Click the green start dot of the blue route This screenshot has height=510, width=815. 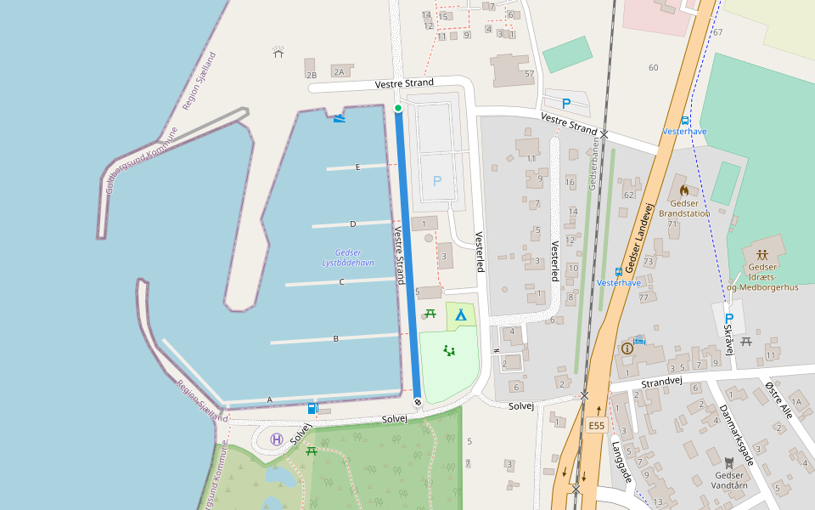[x=397, y=108]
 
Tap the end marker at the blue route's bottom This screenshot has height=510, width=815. [x=418, y=402]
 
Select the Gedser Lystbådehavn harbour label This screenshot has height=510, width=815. [x=348, y=258]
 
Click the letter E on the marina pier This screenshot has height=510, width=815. [x=357, y=167]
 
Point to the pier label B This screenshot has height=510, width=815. [x=335, y=339]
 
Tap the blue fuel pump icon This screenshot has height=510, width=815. [x=313, y=409]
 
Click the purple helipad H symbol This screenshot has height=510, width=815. [x=277, y=439]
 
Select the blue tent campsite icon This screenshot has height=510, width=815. [x=460, y=315]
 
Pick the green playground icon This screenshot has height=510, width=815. [x=449, y=349]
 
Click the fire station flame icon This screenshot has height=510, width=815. [x=683, y=190]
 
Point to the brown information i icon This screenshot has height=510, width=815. [x=627, y=348]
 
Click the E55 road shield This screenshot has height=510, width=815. [x=596, y=425]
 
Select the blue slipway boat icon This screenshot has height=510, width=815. [x=340, y=117]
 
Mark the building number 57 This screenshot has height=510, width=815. [x=529, y=74]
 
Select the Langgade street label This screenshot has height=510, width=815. [x=621, y=462]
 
